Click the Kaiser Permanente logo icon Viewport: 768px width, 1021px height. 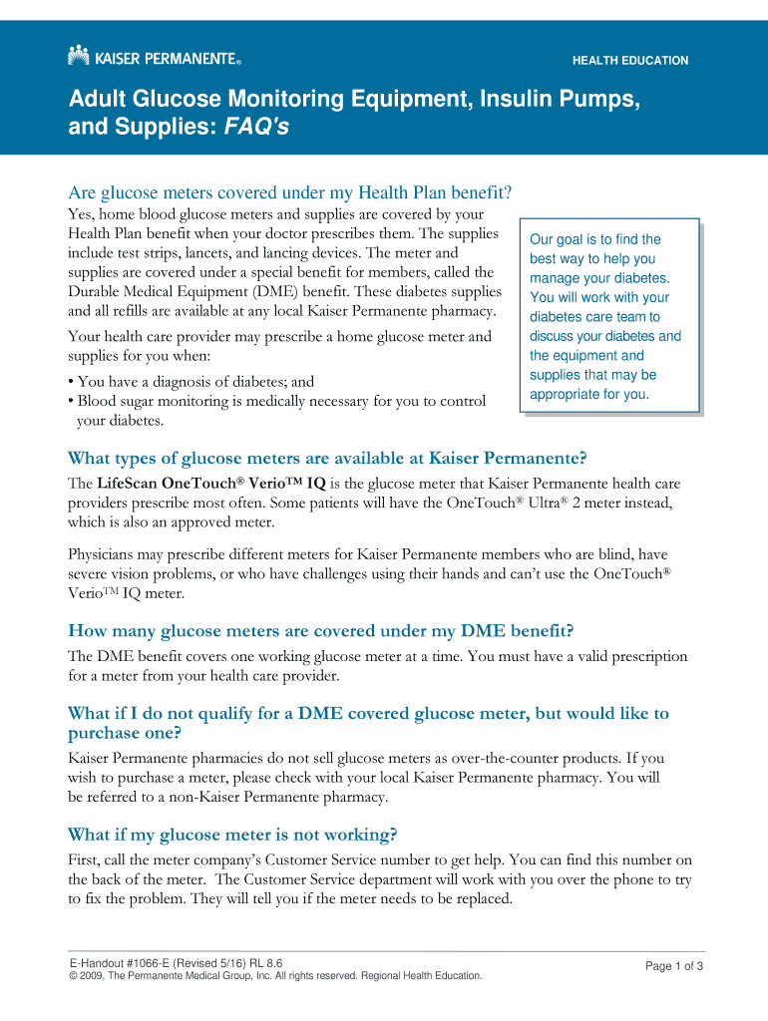click(x=79, y=56)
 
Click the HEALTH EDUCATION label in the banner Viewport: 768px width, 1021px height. click(x=629, y=61)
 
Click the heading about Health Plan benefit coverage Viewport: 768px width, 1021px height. click(x=288, y=192)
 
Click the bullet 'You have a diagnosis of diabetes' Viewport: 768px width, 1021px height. click(x=191, y=381)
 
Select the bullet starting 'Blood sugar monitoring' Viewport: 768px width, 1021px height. click(x=276, y=401)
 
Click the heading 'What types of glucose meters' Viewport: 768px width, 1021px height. click(x=327, y=458)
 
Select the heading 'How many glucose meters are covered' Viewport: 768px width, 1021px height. click(x=320, y=630)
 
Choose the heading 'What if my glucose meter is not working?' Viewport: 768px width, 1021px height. click(x=232, y=834)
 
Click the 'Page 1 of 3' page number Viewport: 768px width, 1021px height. click(x=675, y=966)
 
